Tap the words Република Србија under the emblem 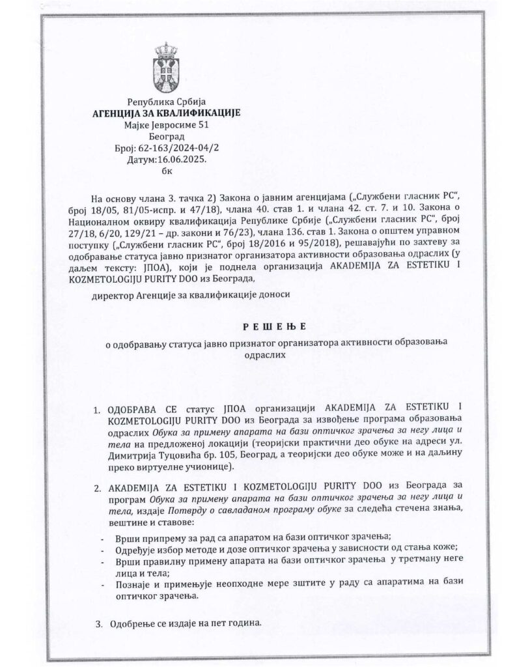pyautogui.click(x=166, y=102)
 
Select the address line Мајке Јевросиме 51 pyautogui.click(x=166, y=125)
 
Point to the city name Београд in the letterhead pyautogui.click(x=166, y=137)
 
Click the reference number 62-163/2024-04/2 pyautogui.click(x=177, y=149)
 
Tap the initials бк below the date pyautogui.click(x=166, y=172)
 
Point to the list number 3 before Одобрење pyautogui.click(x=98, y=623)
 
